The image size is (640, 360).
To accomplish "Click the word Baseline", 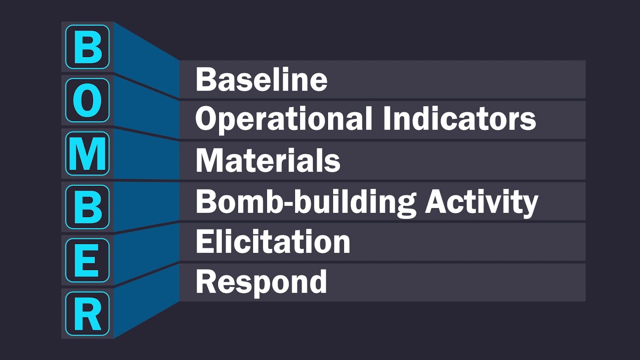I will click(x=261, y=80).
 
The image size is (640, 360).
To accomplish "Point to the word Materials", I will click(x=267, y=160).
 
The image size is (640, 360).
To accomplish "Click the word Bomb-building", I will click(x=305, y=202).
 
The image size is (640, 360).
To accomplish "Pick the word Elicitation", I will click(x=272, y=241).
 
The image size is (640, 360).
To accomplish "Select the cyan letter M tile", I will click(x=87, y=153).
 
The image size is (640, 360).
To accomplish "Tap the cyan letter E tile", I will click(x=87, y=260).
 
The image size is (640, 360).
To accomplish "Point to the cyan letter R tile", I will click(x=87, y=313).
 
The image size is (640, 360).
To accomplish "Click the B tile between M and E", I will click(x=87, y=206).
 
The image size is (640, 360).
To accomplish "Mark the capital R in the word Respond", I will click(x=205, y=281).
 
